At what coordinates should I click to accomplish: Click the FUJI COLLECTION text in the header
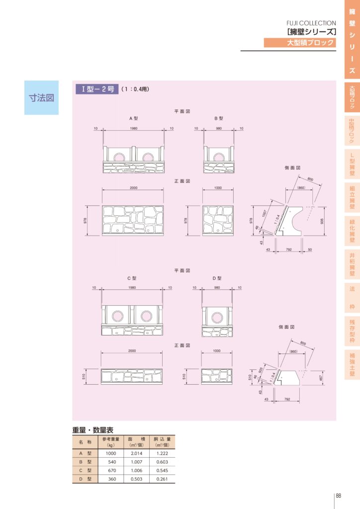[311, 23]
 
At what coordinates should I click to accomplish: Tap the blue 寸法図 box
[41, 97]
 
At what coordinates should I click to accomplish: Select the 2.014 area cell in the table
[137, 453]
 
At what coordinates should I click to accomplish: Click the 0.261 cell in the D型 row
[163, 479]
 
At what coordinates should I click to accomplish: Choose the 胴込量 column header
[163, 442]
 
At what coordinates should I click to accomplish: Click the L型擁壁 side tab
[352, 164]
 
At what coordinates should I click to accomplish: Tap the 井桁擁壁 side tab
[352, 264]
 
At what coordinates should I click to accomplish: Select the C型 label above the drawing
[132, 278]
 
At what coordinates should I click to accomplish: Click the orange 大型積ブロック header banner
[300, 43]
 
